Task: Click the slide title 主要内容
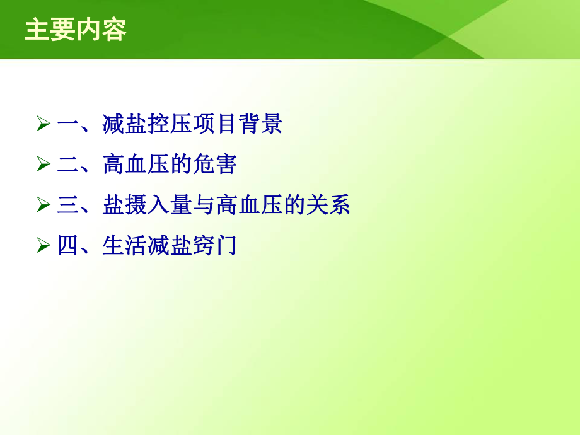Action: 76,30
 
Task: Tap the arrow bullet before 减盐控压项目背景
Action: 43,124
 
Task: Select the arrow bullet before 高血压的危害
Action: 43,165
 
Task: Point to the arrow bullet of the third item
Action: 43,205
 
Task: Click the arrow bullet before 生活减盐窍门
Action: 43,245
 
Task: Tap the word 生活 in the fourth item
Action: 124,245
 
